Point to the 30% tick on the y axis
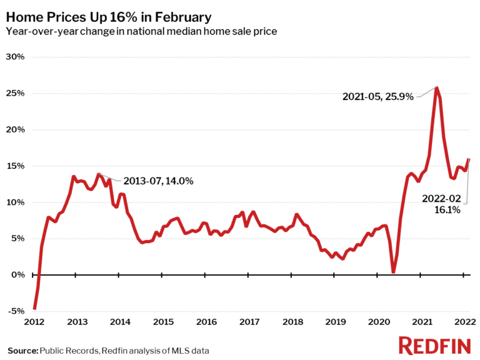coord(16,57)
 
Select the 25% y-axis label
coord(16,93)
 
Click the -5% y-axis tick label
coord(16,311)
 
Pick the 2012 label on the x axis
coord(34,322)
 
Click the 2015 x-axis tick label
coord(163,322)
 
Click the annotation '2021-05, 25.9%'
coord(377,97)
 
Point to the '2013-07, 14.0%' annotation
coord(157,181)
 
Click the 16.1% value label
coord(447,210)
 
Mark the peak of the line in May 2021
coord(436,87)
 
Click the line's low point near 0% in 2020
coord(393,272)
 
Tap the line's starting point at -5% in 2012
coord(34,308)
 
